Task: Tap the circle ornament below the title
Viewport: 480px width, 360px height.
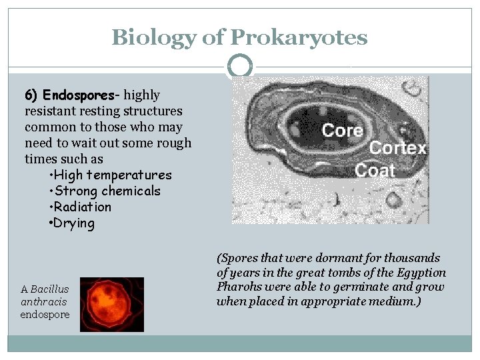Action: (x=240, y=66)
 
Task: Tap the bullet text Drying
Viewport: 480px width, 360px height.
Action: (x=74, y=223)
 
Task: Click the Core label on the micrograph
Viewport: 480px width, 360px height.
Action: (x=342, y=130)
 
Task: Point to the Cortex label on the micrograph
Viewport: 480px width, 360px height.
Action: (x=398, y=148)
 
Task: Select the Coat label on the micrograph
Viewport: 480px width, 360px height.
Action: (x=375, y=170)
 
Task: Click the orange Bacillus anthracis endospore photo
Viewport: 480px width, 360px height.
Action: (x=112, y=305)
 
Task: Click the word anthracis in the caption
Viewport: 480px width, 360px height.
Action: (x=44, y=301)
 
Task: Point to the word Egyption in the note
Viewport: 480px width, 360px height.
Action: (x=422, y=273)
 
